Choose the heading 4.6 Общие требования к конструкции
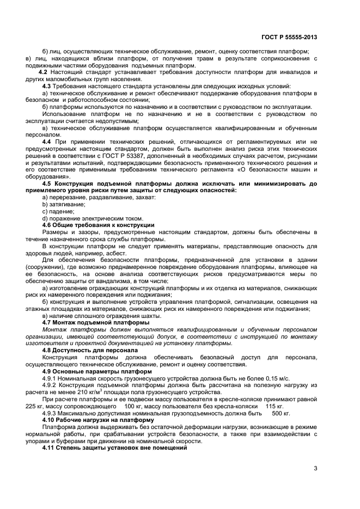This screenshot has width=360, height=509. (98, 225)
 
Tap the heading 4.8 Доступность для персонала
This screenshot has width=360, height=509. (90, 350)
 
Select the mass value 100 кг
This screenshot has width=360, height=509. (134, 406)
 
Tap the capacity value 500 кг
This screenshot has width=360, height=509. (279, 413)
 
